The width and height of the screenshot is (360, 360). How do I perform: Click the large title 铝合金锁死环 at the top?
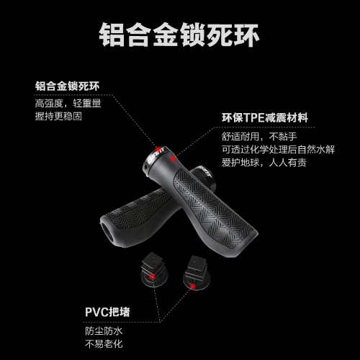tap(179, 35)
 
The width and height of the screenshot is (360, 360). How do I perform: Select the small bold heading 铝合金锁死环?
tap(67, 86)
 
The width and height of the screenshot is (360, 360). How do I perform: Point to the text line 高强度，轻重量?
tap(68, 103)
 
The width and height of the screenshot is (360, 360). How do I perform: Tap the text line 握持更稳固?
tap(58, 116)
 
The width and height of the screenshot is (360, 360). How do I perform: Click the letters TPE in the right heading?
tap(254, 118)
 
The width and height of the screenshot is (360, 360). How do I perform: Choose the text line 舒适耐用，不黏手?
tap(259, 137)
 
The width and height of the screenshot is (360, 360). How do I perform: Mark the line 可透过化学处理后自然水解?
tap(278, 150)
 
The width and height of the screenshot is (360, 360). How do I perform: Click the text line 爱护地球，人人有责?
tap(264, 163)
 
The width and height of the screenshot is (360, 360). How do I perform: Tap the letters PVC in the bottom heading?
tap(97, 312)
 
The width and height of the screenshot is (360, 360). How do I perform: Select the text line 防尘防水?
tap(104, 331)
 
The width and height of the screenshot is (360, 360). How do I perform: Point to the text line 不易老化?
tap(104, 344)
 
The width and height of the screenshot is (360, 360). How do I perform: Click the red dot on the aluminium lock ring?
tap(158, 148)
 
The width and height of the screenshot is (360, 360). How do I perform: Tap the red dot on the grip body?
tap(172, 158)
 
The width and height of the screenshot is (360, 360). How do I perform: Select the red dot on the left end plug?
tap(152, 277)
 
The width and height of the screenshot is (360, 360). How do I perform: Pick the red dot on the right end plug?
tap(192, 287)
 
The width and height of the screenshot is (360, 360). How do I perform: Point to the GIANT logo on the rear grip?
tap(206, 171)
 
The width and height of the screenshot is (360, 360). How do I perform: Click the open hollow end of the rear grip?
tap(109, 232)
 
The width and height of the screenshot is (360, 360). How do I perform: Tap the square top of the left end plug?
tap(152, 258)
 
